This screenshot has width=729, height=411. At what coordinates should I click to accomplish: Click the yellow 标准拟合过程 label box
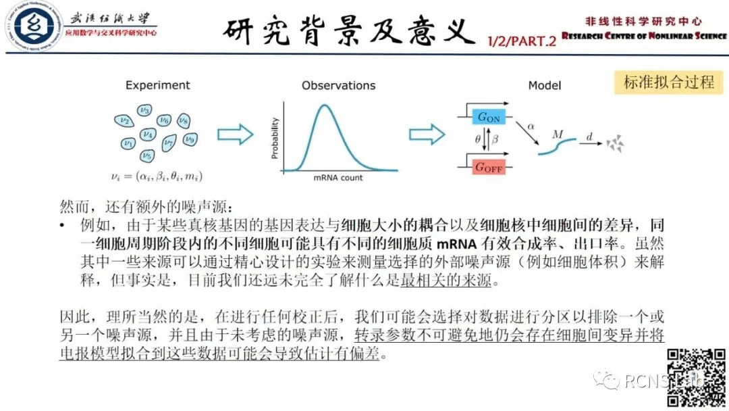tap(668, 82)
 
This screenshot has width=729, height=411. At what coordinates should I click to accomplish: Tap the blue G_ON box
tap(489, 116)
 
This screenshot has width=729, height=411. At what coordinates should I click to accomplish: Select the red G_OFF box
tap(489, 167)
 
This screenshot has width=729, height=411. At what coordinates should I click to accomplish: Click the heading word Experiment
tap(158, 85)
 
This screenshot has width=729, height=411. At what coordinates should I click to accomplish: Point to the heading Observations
tap(338, 86)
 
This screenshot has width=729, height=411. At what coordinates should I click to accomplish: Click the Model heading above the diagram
tap(545, 86)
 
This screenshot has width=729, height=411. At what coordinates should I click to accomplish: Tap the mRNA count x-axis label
tap(337, 178)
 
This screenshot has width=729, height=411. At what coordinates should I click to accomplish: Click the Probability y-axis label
tap(275, 139)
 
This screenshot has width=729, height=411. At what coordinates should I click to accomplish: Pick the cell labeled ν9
tap(190, 140)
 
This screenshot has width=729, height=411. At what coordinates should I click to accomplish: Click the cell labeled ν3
tap(144, 110)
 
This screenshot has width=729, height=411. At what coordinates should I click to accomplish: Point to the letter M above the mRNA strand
tap(558, 134)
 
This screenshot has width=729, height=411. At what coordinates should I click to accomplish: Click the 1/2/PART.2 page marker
tap(522, 41)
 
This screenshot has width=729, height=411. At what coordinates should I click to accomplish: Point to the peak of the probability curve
tap(325, 106)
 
